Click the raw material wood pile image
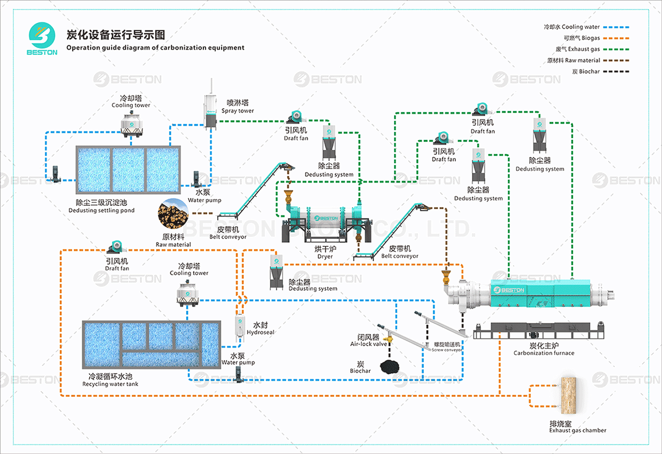pos(173,214)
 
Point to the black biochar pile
pos(392,367)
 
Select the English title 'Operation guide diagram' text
pos(155,47)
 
